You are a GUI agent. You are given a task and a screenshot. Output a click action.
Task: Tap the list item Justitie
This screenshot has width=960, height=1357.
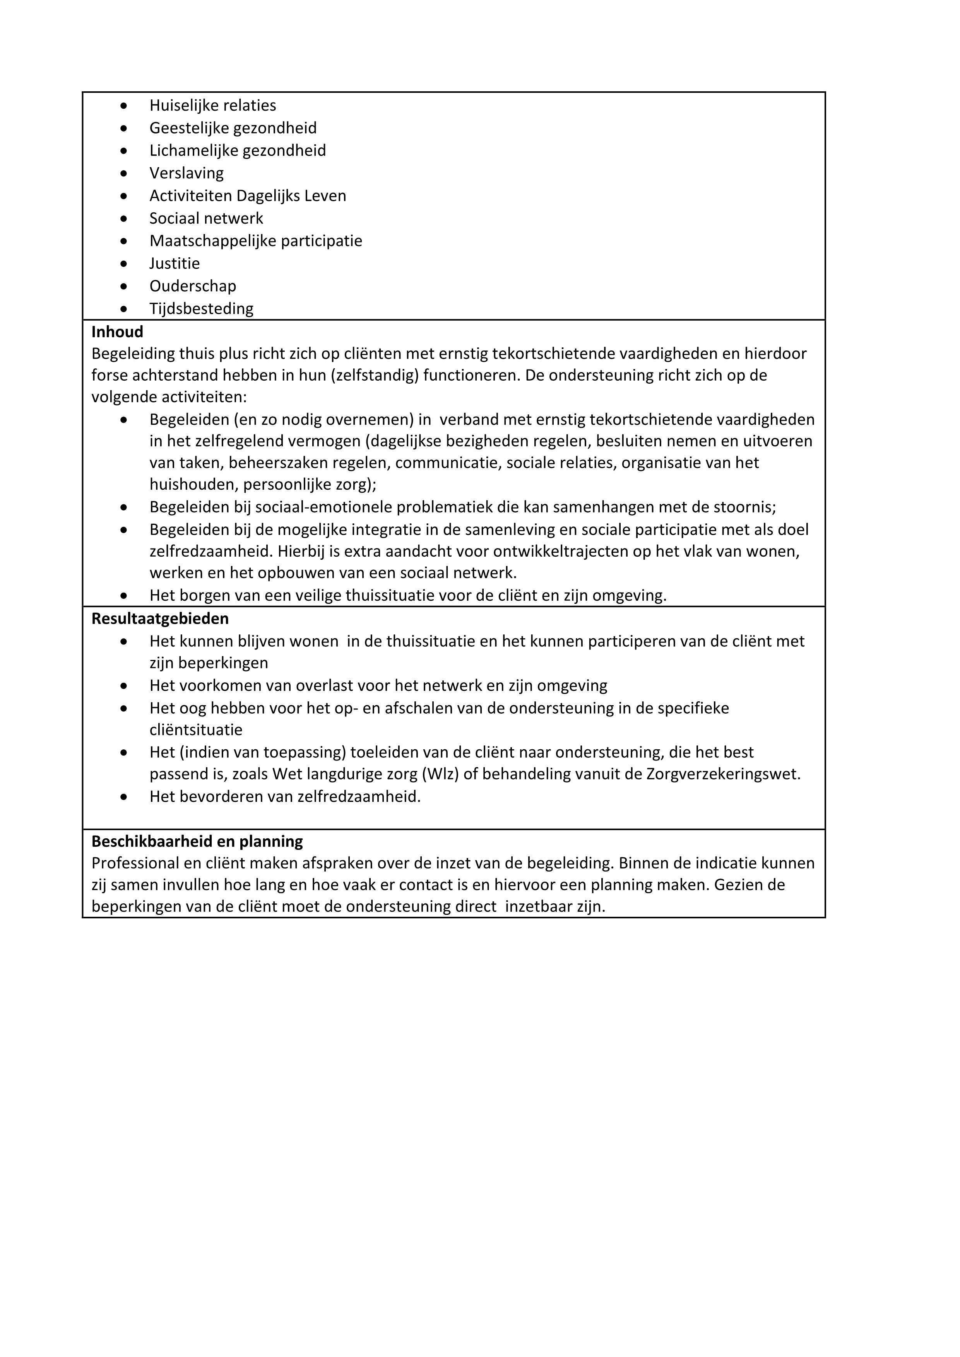175,263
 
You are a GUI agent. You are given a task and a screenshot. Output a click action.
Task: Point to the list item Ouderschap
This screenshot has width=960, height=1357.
192,286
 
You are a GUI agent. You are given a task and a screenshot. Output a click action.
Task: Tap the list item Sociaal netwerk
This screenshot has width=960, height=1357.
206,219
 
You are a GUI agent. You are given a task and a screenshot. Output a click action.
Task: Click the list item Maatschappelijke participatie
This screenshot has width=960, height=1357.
255,241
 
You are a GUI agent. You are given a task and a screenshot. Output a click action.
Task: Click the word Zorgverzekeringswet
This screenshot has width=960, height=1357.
722,774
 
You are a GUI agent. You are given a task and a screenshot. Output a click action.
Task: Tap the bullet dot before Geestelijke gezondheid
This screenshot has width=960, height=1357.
123,128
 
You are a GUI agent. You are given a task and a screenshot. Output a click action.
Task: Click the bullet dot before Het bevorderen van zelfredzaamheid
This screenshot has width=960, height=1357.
123,797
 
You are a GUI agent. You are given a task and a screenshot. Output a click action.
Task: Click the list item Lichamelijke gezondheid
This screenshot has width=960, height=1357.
237,151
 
